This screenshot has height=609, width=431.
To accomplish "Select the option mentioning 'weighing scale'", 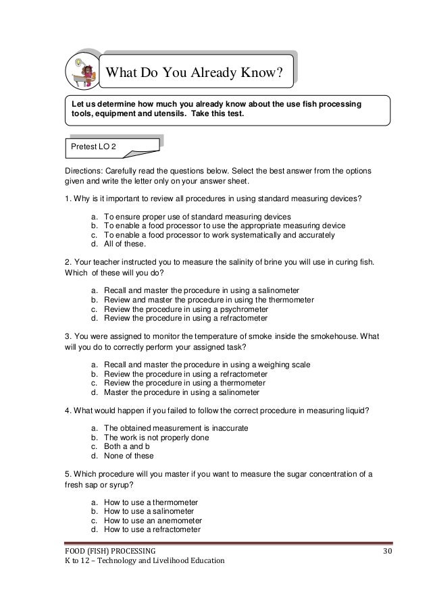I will [207, 365].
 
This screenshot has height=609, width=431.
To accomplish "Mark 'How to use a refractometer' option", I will [161, 529].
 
